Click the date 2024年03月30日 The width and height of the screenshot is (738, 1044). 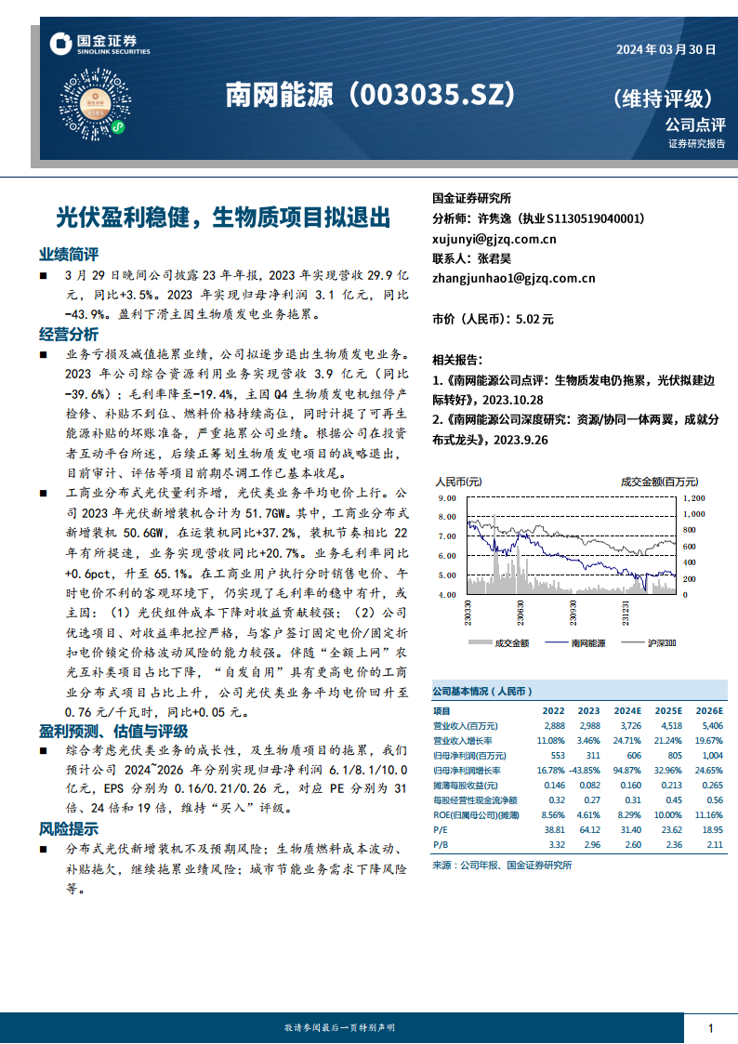(666, 51)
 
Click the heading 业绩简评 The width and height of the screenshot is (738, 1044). (68, 255)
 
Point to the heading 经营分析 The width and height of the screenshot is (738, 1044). (68, 334)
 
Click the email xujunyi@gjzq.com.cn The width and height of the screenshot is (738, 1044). (494, 239)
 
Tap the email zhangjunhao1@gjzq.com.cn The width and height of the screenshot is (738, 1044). (513, 277)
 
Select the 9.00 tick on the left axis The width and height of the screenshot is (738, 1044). (446, 498)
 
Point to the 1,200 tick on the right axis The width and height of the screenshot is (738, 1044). (695, 498)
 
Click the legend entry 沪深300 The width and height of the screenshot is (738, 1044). (661, 642)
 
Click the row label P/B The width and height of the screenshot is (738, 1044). (441, 844)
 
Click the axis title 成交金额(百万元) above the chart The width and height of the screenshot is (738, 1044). (659, 482)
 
